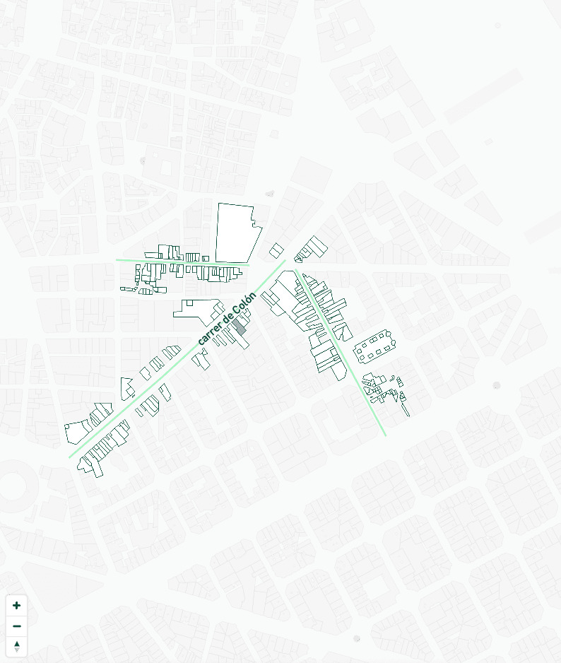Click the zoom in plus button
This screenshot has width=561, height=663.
[x=17, y=606]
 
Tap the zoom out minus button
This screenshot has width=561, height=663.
[x=17, y=626]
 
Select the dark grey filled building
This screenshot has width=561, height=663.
[x=240, y=327]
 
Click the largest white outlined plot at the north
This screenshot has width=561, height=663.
[x=236, y=233]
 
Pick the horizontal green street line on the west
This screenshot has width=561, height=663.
[x=182, y=262]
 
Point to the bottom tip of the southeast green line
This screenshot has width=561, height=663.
[x=386, y=435]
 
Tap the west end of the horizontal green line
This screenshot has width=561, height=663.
[x=117, y=259]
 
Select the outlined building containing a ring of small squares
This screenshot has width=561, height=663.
[x=374, y=346]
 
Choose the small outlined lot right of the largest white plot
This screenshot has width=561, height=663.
[x=276, y=250]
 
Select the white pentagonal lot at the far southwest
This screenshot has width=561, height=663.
[x=76, y=431]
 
